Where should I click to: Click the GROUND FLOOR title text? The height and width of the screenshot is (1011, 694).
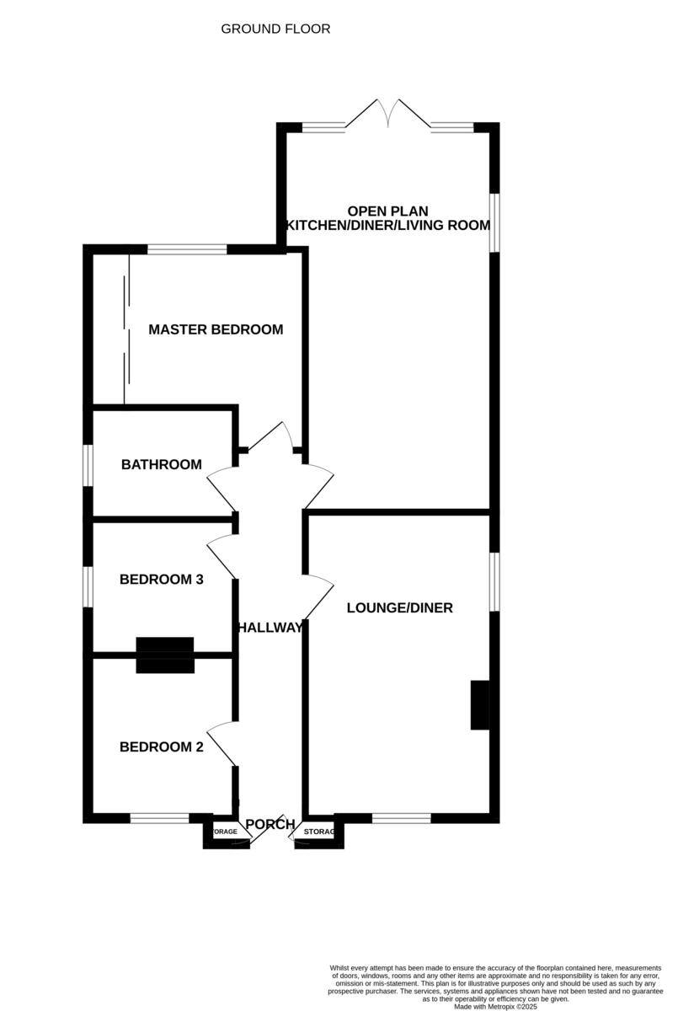275,29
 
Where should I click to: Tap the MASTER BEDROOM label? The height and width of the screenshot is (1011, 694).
216,329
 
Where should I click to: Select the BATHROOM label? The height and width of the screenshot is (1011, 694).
162,464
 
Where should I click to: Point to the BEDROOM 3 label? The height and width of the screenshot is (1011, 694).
162,580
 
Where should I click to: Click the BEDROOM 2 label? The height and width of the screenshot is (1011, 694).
162,746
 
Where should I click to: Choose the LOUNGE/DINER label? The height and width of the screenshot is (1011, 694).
400,607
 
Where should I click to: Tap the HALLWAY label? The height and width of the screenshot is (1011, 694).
270,628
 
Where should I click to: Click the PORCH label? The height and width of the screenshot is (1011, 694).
270,824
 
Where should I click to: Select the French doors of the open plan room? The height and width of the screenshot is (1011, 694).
388,115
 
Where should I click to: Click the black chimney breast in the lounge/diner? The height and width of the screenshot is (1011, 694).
480,705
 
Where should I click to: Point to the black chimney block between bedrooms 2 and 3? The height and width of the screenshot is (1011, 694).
165,655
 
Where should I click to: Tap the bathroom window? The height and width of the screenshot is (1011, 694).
88,465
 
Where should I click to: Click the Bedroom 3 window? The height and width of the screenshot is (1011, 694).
88,586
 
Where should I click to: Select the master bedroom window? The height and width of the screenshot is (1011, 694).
187,249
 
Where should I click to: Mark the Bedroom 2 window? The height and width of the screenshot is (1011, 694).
159,817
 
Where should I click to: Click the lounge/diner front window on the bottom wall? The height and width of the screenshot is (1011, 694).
401,817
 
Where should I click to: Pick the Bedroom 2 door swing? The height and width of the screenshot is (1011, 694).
220,742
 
